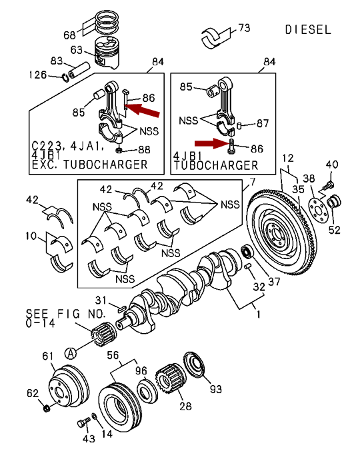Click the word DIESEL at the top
point(307,30)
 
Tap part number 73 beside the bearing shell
point(244,28)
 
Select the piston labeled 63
point(107,54)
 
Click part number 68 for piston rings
point(69,35)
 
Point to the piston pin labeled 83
point(79,70)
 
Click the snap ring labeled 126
point(65,77)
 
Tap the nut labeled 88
point(118,151)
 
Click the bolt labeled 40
point(328,185)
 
